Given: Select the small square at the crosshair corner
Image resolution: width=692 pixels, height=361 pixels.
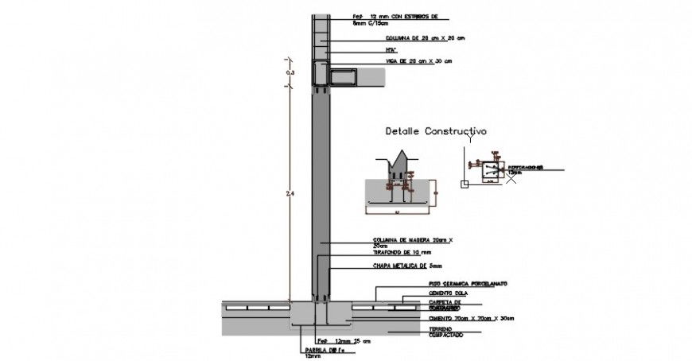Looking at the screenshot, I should [x=463, y=184].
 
